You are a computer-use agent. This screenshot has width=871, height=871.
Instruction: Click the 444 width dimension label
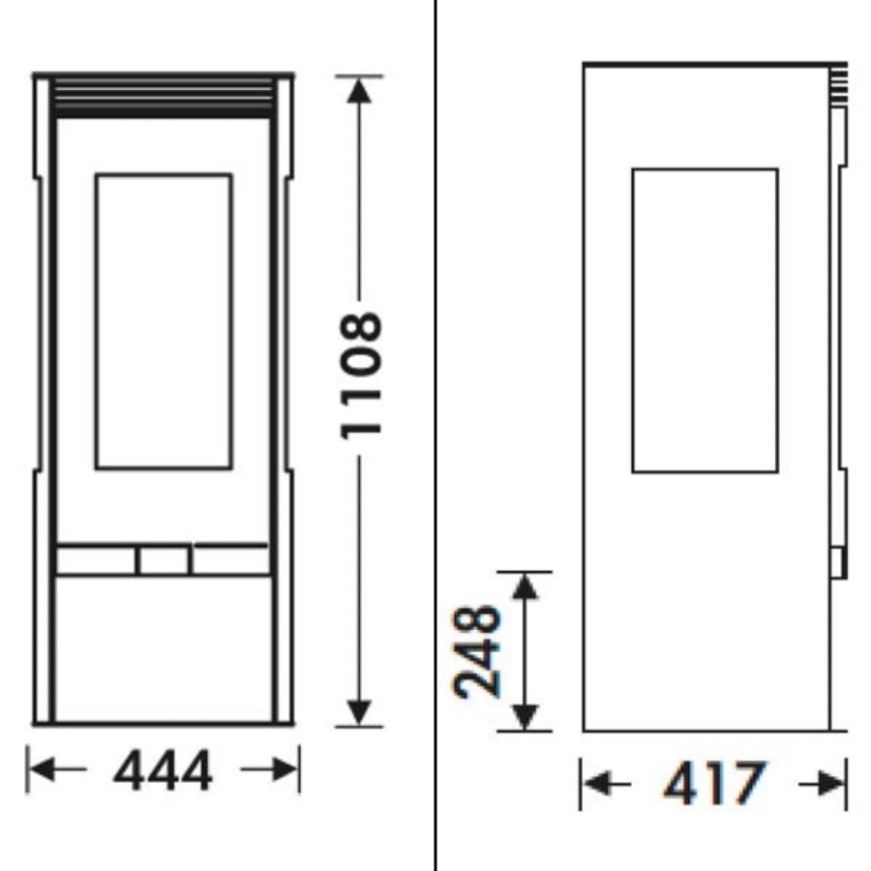click(x=163, y=770)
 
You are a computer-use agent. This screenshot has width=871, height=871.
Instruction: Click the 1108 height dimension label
click(x=361, y=376)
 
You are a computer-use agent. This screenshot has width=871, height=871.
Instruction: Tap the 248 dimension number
click(x=477, y=651)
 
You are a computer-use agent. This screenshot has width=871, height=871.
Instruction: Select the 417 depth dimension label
click(x=715, y=784)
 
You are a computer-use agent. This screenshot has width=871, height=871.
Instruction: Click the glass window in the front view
click(x=164, y=321)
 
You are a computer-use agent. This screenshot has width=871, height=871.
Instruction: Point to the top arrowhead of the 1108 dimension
click(x=359, y=91)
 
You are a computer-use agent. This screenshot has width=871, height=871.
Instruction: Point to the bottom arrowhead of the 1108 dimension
click(x=359, y=712)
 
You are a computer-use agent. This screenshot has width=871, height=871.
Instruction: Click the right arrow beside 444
click(x=269, y=769)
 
